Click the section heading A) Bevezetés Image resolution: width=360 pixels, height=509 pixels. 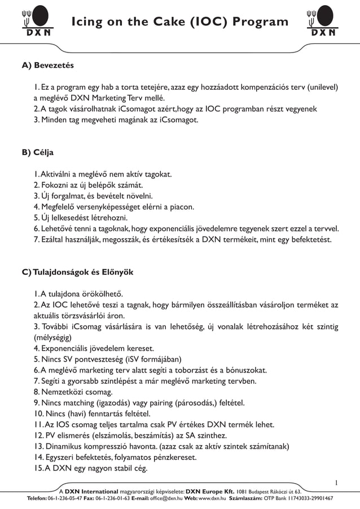(47, 66)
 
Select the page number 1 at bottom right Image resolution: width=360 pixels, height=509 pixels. (336, 482)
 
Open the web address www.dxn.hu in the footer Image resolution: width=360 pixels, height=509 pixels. (212, 499)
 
